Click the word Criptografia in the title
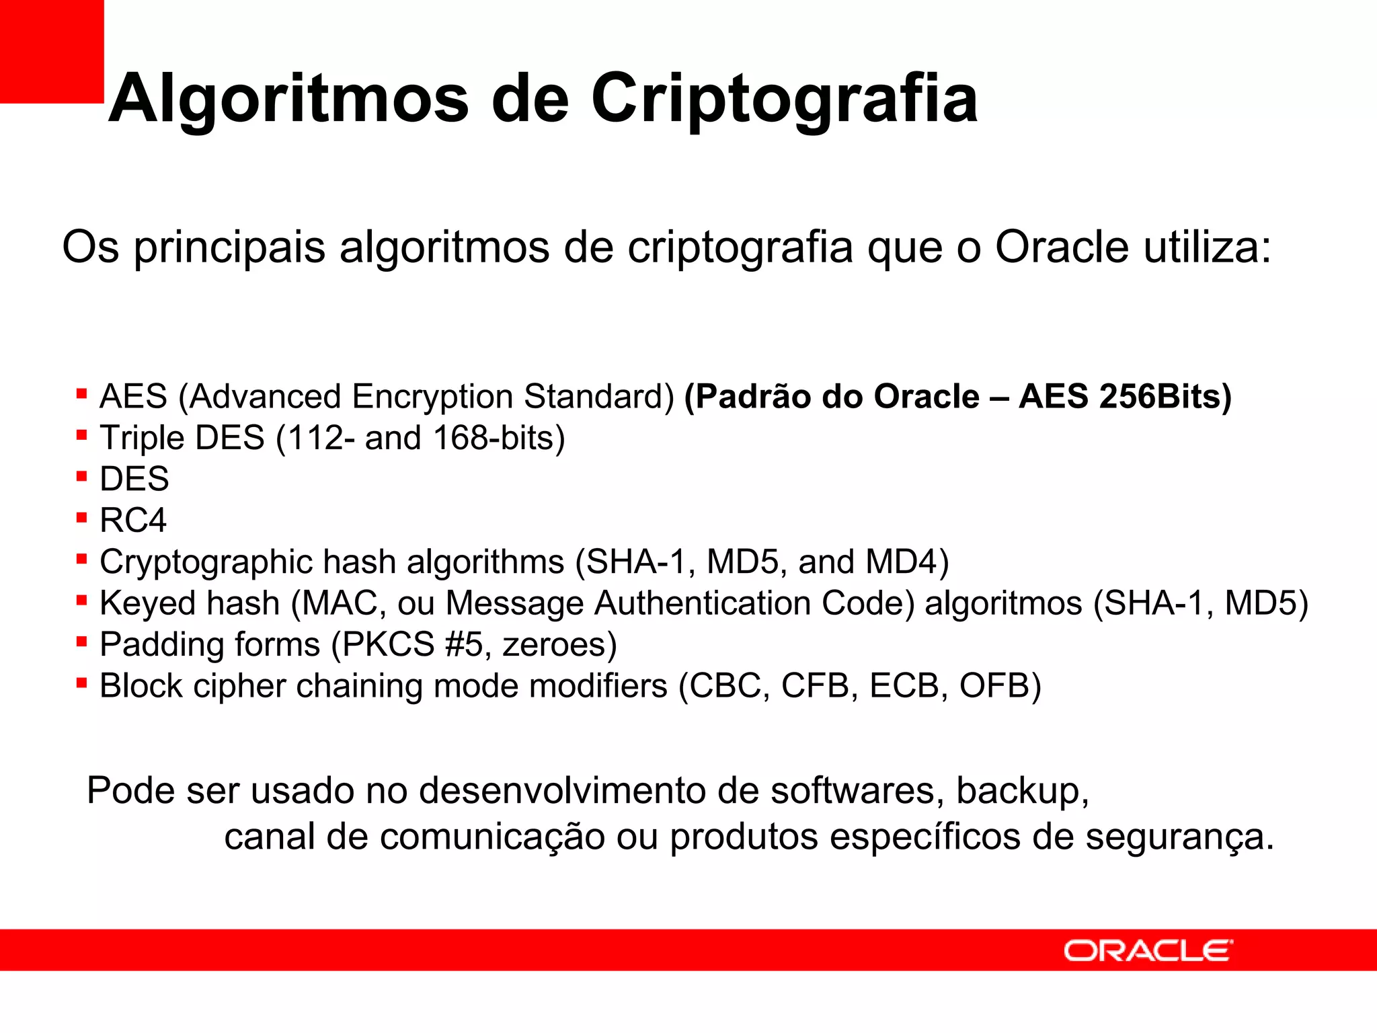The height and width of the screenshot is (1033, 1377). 784,100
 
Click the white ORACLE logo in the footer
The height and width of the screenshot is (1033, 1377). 1148,951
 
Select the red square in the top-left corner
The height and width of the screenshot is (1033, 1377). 51,51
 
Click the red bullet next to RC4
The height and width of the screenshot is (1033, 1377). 82,518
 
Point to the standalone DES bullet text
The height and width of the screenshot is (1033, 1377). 134,480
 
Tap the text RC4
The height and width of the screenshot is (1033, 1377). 133,521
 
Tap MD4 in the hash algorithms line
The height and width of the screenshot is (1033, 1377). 906,562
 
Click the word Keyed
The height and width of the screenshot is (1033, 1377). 143,603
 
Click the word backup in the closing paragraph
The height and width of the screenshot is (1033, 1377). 1022,792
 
